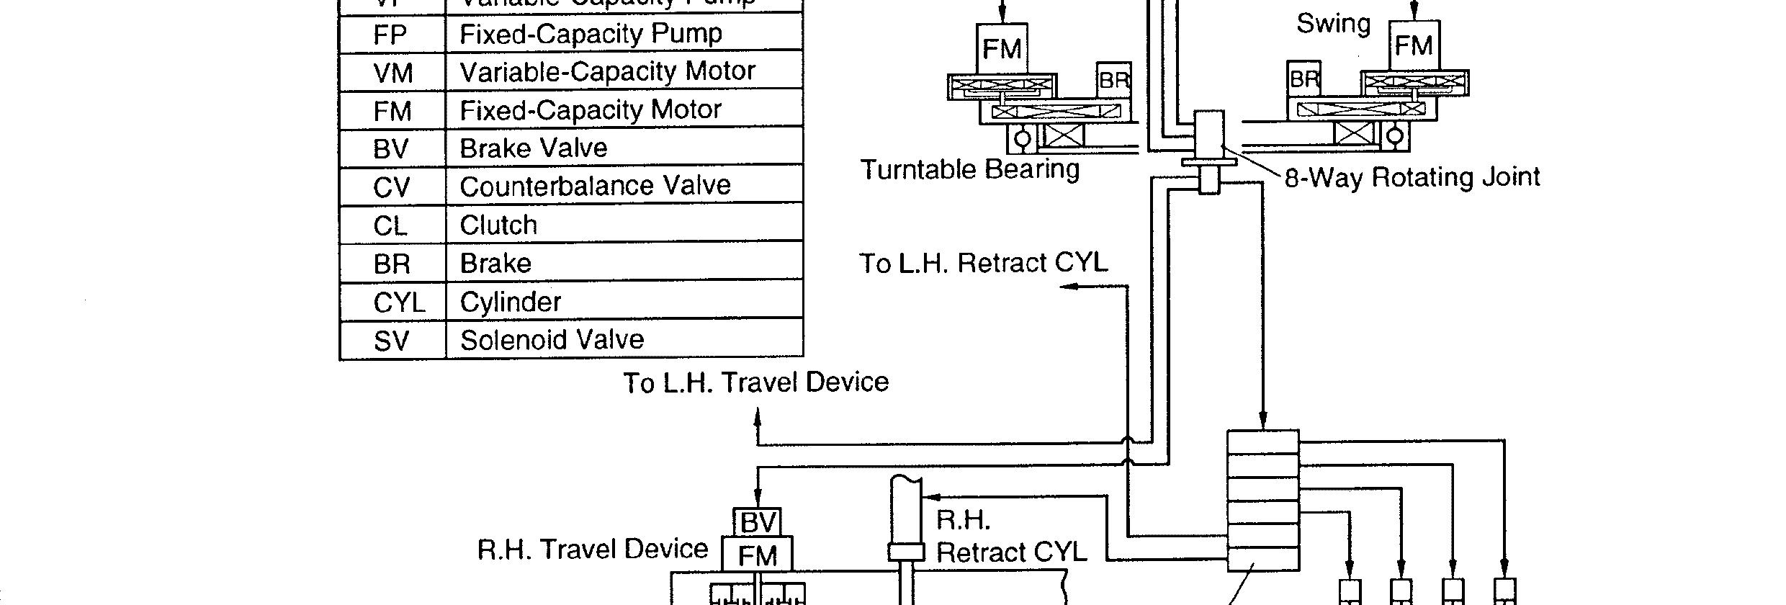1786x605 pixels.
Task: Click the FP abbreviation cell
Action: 390,35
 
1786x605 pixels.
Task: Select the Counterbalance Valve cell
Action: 595,186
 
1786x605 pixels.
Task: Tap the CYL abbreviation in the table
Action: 398,302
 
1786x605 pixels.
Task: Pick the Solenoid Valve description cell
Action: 552,340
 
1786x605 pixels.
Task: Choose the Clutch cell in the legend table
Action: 498,225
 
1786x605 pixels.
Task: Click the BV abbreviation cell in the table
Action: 391,149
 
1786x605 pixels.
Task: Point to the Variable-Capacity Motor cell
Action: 607,71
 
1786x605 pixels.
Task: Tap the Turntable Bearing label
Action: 970,169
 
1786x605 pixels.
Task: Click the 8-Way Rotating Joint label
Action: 1412,177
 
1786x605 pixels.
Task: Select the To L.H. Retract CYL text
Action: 983,263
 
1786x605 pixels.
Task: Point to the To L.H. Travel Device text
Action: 755,382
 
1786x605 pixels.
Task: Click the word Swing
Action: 1333,24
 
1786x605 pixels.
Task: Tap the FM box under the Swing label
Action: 1413,46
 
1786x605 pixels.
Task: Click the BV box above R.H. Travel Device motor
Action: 758,522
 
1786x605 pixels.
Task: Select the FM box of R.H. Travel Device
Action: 757,555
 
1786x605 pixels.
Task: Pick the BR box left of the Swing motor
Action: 1303,79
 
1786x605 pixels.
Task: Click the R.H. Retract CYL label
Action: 1010,537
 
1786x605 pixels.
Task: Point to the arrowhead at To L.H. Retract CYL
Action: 1067,286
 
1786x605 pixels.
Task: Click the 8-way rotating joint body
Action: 1209,137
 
